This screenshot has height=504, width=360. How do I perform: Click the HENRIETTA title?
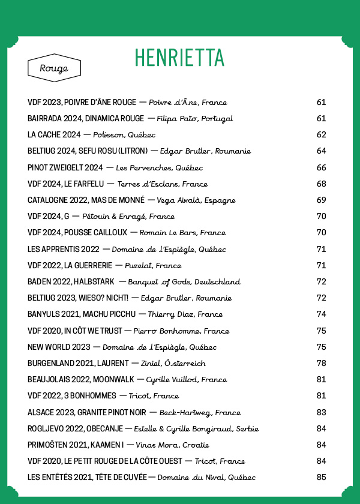(x=179, y=58)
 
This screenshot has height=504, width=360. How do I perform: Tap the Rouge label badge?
(x=54, y=68)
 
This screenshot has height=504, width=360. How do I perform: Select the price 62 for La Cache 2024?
(x=321, y=135)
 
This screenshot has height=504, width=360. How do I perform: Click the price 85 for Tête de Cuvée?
(x=321, y=478)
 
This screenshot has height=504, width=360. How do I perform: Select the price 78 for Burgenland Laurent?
(x=321, y=364)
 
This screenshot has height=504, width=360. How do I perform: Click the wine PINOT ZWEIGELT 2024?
(x=65, y=167)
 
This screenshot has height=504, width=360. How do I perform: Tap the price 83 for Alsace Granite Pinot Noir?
(x=321, y=412)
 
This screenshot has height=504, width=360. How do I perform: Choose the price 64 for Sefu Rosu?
(x=321, y=151)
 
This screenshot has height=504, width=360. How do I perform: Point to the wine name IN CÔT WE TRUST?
(x=92, y=331)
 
